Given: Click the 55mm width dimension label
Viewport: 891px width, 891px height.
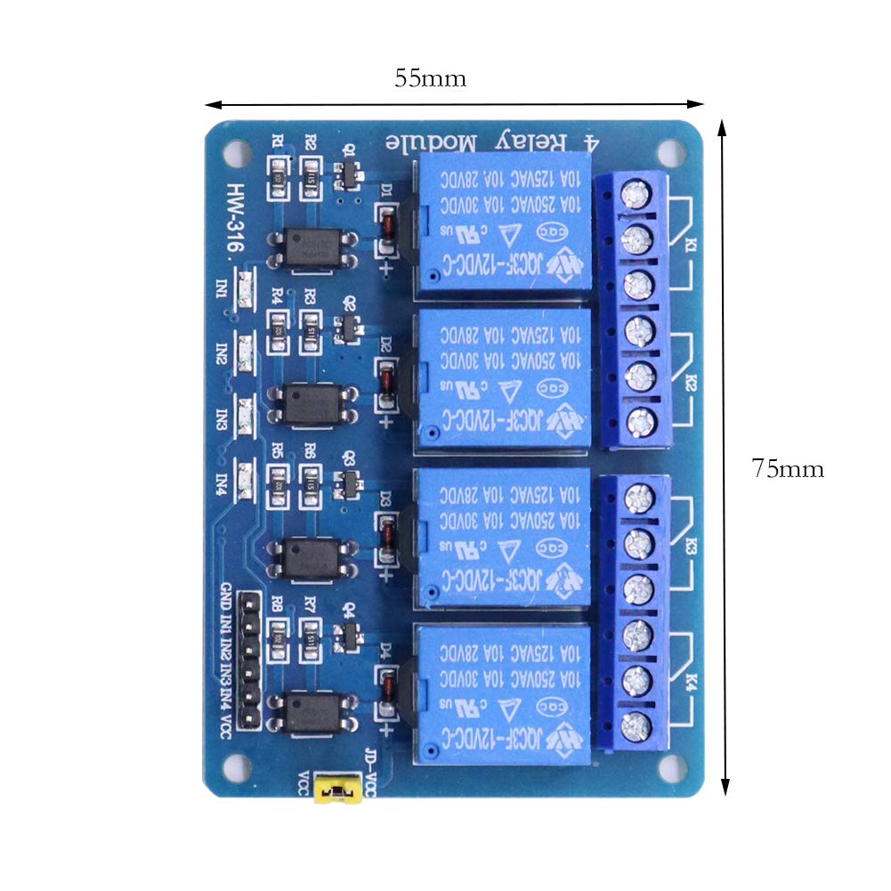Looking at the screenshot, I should point(430,78).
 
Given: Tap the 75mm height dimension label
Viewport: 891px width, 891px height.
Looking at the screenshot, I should point(787,468).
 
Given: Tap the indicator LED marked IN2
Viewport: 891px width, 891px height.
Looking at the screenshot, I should point(245,353).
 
